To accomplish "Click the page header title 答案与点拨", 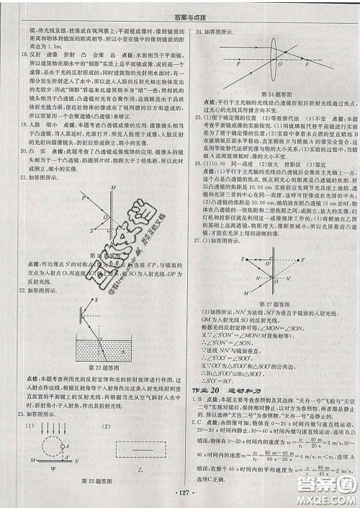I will pyautogui.click(x=180, y=9).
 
